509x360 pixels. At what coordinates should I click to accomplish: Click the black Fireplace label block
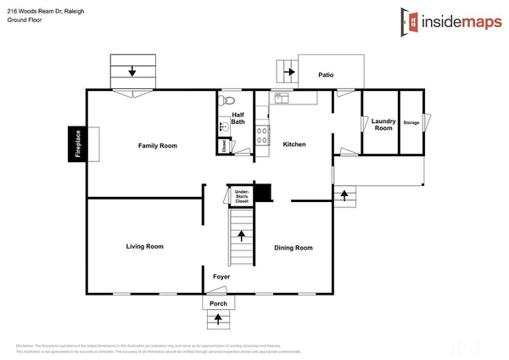coord(78,144)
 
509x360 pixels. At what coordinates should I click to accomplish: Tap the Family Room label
coord(158,146)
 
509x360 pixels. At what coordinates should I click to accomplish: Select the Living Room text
coord(144,246)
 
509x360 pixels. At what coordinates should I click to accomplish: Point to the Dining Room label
coord(293,248)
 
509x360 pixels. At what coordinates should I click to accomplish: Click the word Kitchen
coord(294,144)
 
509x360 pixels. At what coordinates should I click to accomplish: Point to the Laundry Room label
coord(383,124)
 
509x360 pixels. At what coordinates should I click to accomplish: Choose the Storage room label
coord(411,123)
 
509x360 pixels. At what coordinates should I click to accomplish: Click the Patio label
coord(326,75)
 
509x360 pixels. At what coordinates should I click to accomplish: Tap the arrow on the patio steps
coord(288,72)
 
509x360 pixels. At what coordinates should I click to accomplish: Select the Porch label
coord(219,303)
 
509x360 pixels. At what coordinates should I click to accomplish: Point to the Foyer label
coord(221,277)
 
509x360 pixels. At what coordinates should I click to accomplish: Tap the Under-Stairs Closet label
coord(242,197)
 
